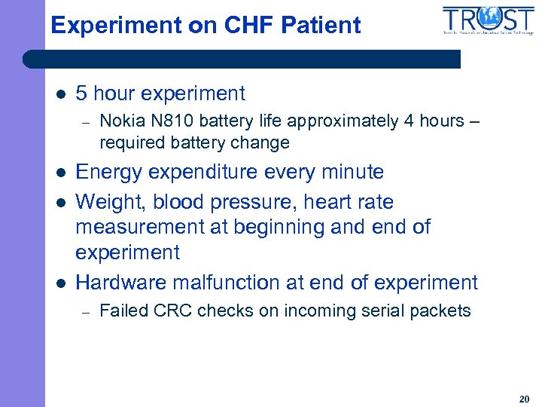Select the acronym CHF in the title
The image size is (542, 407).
(x=248, y=26)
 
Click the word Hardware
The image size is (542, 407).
(x=122, y=283)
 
